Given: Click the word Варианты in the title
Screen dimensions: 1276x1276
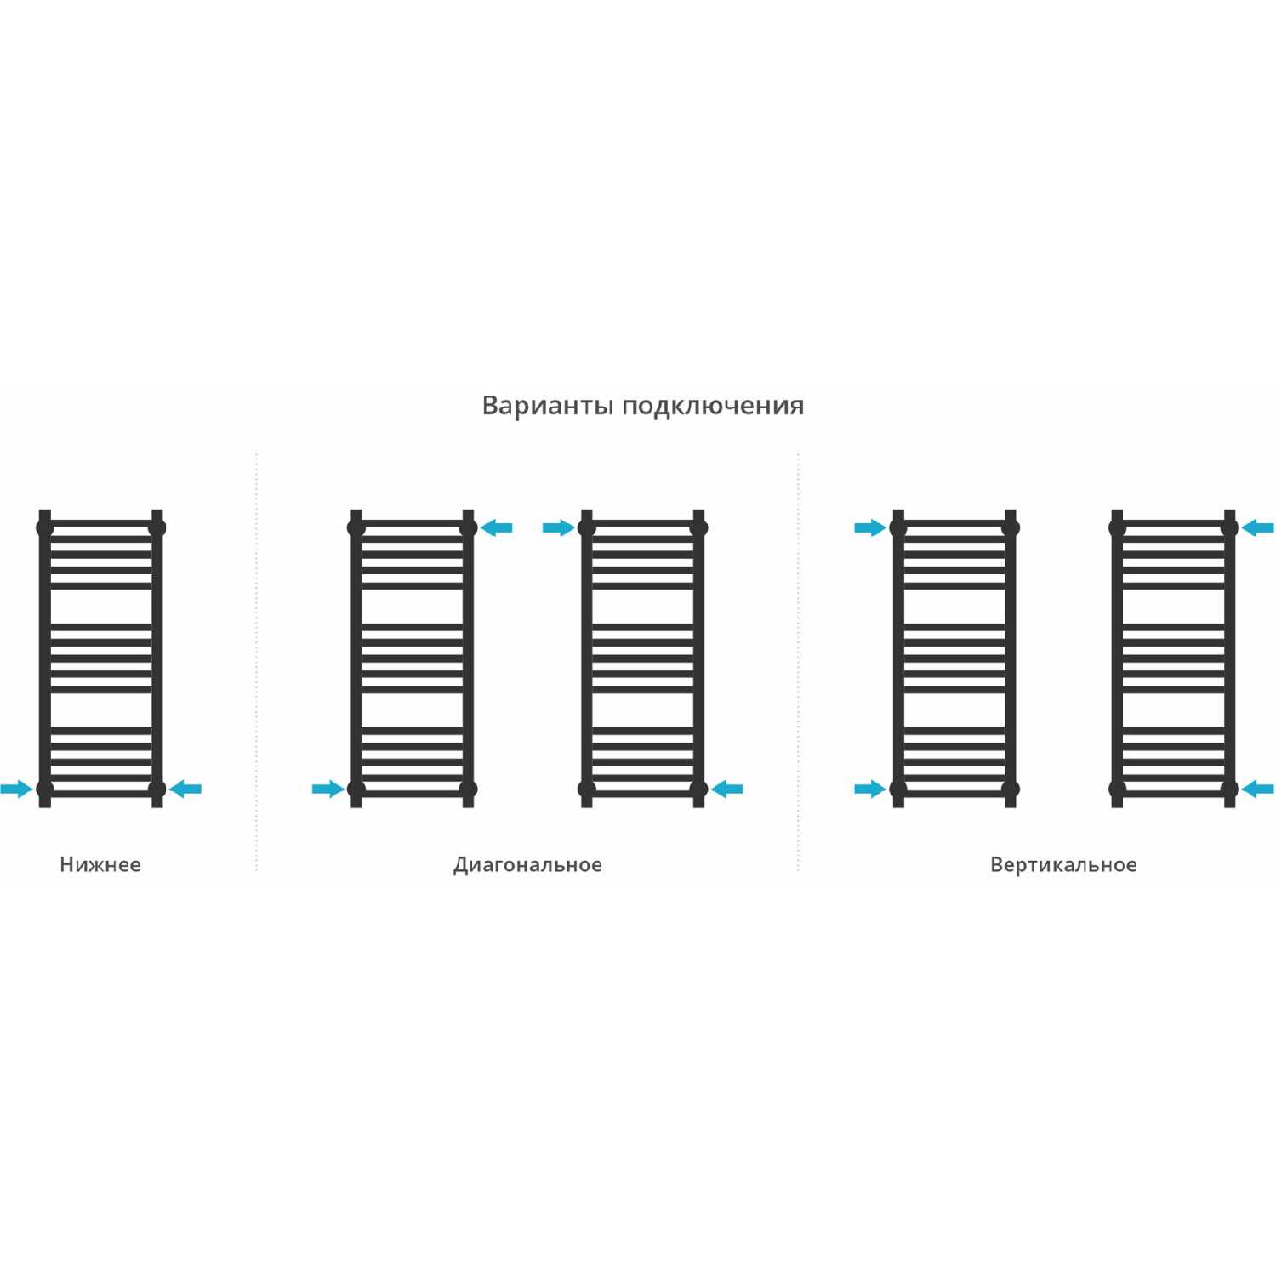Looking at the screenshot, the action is click(x=548, y=405).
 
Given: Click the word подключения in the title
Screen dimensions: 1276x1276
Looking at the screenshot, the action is click(x=713, y=407).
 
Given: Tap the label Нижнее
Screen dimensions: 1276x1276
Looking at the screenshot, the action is click(x=100, y=864).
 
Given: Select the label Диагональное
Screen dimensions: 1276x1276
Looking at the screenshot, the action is click(x=527, y=865).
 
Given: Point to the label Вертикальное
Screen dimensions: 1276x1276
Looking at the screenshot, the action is click(x=1063, y=865).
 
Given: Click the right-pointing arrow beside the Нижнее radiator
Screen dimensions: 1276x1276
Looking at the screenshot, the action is click(x=16, y=789).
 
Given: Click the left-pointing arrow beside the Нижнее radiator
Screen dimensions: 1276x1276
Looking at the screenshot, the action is click(x=185, y=789).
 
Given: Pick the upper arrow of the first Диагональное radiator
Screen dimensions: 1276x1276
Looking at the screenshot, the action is click(x=496, y=527).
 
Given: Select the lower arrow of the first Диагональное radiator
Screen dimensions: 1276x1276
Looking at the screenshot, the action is click(x=328, y=789).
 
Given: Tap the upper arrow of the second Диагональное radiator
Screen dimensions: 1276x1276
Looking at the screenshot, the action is click(x=559, y=527).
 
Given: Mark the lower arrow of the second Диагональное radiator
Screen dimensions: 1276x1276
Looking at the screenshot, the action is click(x=726, y=789).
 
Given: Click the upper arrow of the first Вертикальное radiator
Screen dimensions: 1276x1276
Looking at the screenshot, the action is click(x=870, y=527).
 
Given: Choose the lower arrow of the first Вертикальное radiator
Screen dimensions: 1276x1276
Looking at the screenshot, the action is click(x=870, y=789).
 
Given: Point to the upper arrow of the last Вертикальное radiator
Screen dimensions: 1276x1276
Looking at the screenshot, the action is click(x=1257, y=527).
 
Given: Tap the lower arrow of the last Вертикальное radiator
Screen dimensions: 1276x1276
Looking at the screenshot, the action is click(x=1257, y=789).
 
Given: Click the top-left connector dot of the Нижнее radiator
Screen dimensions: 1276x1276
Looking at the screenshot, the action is click(x=45, y=527).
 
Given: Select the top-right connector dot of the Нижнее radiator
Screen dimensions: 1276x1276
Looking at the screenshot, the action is click(x=157, y=527).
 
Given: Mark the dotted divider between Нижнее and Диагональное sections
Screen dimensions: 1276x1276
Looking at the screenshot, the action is click(x=257, y=662).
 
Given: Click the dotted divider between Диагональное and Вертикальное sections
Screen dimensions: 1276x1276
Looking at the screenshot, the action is click(x=798, y=662).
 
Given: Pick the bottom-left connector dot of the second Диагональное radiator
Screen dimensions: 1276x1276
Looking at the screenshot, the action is click(x=586, y=789).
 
